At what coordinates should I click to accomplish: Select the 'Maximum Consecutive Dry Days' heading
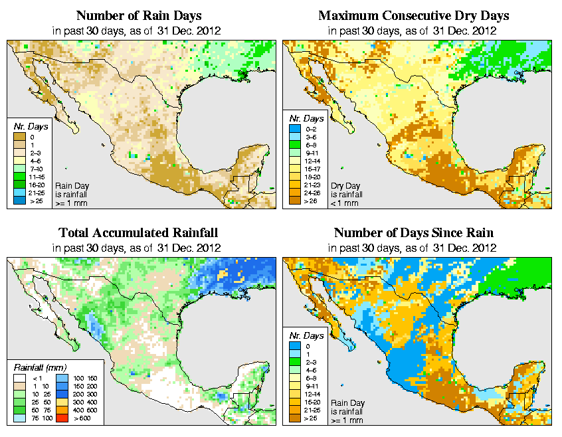point(414,15)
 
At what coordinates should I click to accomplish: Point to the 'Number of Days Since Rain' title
point(414,233)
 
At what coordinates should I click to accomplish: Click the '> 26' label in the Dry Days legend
point(312,200)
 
